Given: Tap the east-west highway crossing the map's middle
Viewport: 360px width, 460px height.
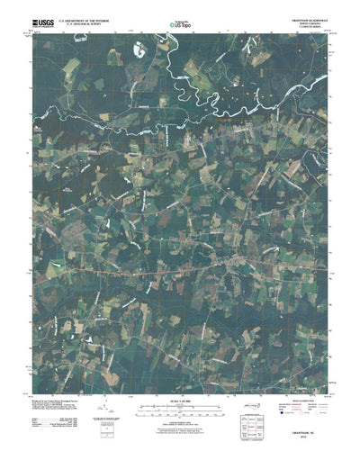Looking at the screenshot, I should coord(180,268).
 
